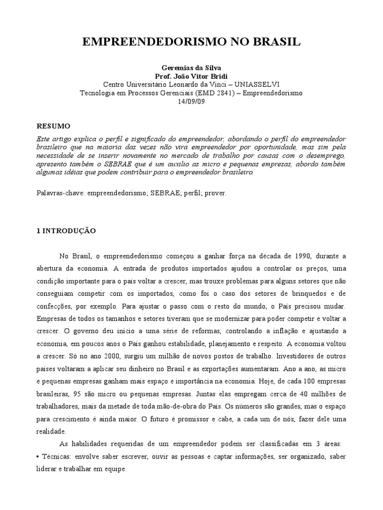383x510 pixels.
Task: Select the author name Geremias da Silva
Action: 191,67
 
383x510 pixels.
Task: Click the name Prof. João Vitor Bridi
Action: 191,76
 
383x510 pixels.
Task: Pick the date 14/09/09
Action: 191,101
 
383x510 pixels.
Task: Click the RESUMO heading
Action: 54,126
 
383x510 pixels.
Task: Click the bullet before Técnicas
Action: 39,456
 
